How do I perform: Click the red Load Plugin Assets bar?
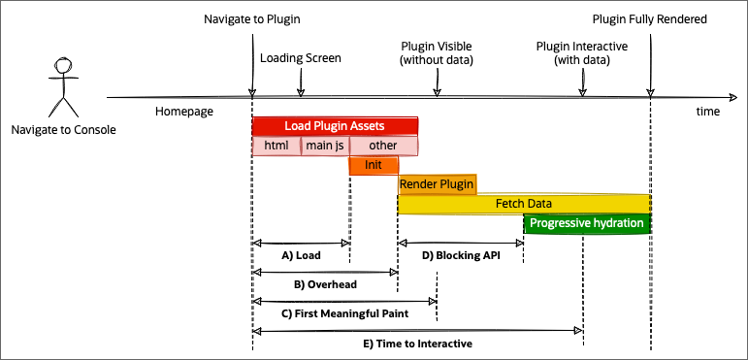pyautogui.click(x=335, y=126)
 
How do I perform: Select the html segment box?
pyautogui.click(x=276, y=146)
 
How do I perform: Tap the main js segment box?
pyautogui.click(x=325, y=146)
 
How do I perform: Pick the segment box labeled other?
pyautogui.click(x=384, y=146)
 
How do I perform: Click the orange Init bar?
pyautogui.click(x=374, y=165)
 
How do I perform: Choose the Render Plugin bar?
pyautogui.click(x=437, y=184)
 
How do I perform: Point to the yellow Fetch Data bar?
pyautogui.click(x=524, y=204)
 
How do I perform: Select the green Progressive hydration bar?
pyautogui.click(x=587, y=223)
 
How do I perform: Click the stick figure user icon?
pyautogui.click(x=63, y=87)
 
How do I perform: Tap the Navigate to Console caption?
pyautogui.click(x=63, y=129)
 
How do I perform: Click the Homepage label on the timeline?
pyautogui.click(x=183, y=112)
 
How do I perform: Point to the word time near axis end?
pyautogui.click(x=708, y=112)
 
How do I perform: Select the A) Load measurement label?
pyautogui.click(x=301, y=256)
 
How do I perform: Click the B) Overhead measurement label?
pyautogui.click(x=325, y=285)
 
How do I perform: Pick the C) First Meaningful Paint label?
pyautogui.click(x=344, y=313)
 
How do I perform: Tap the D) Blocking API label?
pyautogui.click(x=461, y=256)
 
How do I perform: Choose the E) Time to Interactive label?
pyautogui.click(x=417, y=343)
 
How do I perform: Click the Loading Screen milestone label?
pyautogui.click(x=301, y=58)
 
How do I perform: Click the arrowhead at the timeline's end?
pyautogui.click(x=732, y=97)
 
